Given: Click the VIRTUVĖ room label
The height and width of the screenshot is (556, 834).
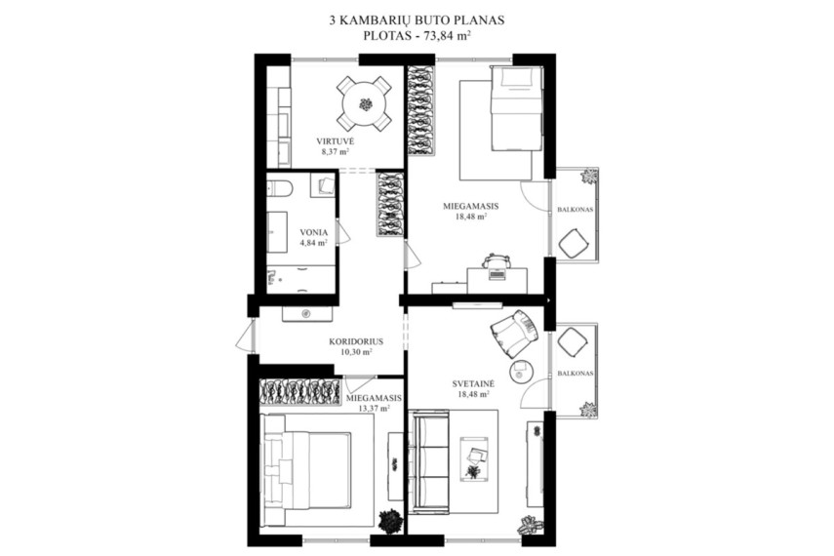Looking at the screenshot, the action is pyautogui.click(x=336, y=141).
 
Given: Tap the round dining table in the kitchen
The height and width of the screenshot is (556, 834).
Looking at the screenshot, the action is pyautogui.click(x=366, y=104).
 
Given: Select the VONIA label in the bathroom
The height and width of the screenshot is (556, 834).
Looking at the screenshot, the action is pyautogui.click(x=313, y=232).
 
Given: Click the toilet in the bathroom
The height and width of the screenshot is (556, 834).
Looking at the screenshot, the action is pyautogui.click(x=280, y=188).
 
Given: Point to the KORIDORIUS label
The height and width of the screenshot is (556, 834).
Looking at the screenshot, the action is pyautogui.click(x=356, y=342).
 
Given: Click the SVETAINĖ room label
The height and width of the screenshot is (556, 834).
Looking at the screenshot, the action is pyautogui.click(x=473, y=383).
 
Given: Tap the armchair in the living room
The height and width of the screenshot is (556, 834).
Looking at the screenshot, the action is pyautogui.click(x=514, y=334).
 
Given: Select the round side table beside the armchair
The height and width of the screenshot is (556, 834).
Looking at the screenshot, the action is pyautogui.click(x=521, y=372).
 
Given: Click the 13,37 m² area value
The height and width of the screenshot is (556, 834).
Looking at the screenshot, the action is pyautogui.click(x=374, y=409).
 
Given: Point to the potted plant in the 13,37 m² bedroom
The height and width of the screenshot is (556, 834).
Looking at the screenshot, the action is pyautogui.click(x=391, y=520).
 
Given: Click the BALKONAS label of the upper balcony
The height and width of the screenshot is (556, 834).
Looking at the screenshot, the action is pyautogui.click(x=575, y=210).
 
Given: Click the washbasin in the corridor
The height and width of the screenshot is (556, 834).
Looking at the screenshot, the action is pyautogui.click(x=308, y=314).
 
